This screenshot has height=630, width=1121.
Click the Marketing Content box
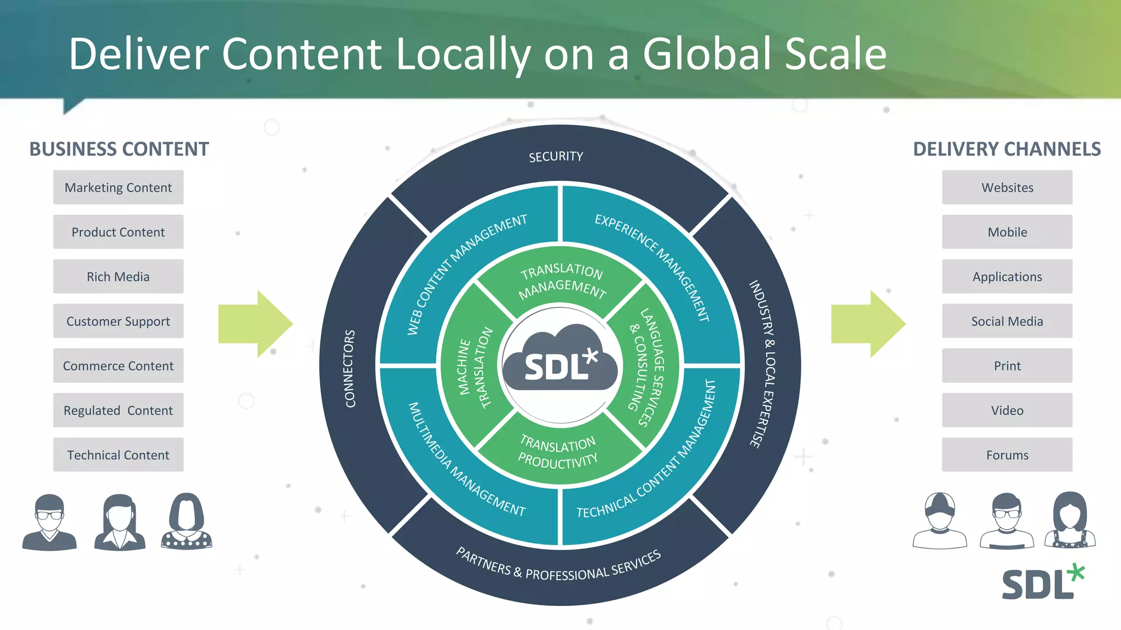(118, 188)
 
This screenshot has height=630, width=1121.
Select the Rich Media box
(118, 277)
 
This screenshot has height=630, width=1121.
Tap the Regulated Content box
(118, 410)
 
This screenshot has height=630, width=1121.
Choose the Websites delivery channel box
(1007, 188)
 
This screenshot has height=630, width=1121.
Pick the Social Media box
(1007, 321)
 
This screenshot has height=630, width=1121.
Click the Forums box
(1007, 455)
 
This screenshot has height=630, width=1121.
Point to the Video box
(1007, 410)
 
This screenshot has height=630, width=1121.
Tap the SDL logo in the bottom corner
(1042, 582)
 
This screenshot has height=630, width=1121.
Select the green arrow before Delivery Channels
(868, 324)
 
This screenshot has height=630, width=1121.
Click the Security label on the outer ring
(556, 157)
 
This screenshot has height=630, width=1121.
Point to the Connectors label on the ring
(350, 369)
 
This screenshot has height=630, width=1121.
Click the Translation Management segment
(562, 279)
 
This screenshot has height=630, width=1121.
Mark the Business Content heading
(119, 149)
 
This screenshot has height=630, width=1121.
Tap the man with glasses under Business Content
(49, 522)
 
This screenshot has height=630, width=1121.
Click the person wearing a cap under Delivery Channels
(940, 521)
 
